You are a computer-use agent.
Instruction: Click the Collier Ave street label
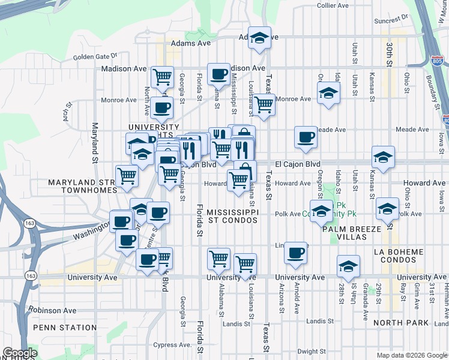[x=333, y=5]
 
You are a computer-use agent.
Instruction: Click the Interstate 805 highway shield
[x=437, y=61]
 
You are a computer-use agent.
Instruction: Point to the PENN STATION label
[x=65, y=328]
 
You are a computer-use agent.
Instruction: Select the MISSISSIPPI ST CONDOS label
[x=232, y=217]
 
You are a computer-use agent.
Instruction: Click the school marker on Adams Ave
[x=259, y=38]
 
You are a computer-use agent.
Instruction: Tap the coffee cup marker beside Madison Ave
[x=219, y=74]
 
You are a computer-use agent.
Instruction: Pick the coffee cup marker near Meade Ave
[x=306, y=137]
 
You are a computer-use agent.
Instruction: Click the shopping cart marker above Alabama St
[x=219, y=259]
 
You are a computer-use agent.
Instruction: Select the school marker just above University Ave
[x=348, y=267]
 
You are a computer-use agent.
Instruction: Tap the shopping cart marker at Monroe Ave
[x=264, y=105]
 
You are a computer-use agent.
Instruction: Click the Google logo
[x=20, y=353]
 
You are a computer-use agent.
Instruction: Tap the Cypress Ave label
[x=172, y=345]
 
